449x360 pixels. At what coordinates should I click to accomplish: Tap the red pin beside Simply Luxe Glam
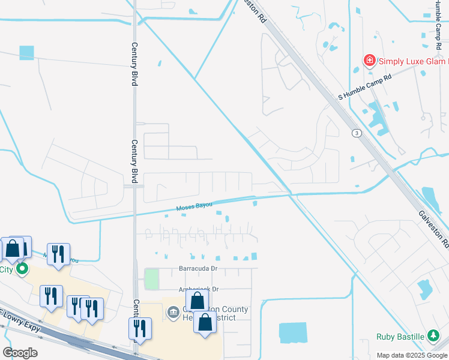tap(369, 61)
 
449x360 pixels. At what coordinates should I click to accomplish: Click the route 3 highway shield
tap(357, 133)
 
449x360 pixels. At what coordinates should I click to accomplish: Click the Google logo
tap(20, 353)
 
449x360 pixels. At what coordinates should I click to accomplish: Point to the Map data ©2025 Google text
tap(412, 355)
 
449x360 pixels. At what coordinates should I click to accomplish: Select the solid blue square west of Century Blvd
tap(26, 53)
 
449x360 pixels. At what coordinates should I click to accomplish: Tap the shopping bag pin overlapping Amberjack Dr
tap(197, 302)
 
